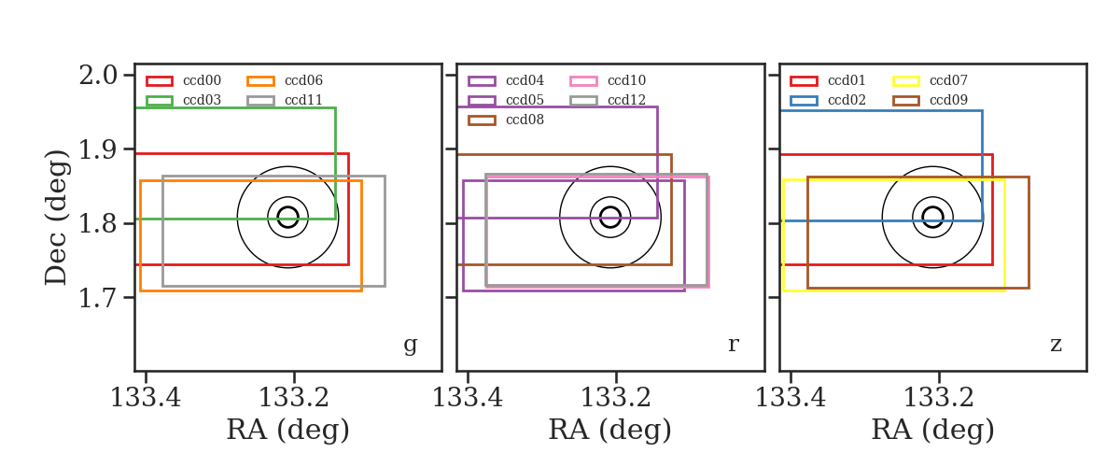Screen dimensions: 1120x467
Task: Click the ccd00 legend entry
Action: pyautogui.click(x=184, y=80)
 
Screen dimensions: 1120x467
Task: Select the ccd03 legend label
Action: pyautogui.click(x=202, y=100)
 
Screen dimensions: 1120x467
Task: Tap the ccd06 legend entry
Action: pyautogui.click(x=285, y=80)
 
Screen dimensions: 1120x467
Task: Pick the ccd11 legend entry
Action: pyautogui.click(x=285, y=100)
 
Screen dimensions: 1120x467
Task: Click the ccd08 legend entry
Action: pyautogui.click(x=506, y=120)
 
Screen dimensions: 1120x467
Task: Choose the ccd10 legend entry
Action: pyautogui.click(x=608, y=80)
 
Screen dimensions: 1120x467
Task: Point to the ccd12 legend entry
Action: pyautogui.click(x=608, y=100)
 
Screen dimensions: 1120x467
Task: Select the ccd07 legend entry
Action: pyautogui.click(x=930, y=80)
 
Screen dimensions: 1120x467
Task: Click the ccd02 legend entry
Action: pyautogui.click(x=828, y=100)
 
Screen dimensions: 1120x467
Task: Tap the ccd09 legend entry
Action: pyautogui.click(x=930, y=100)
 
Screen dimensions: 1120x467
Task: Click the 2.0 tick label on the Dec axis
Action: pyautogui.click(x=98, y=76)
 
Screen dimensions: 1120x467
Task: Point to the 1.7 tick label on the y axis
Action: pyautogui.click(x=98, y=298)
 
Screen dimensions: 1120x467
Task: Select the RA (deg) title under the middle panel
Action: pyautogui.click(x=610, y=430)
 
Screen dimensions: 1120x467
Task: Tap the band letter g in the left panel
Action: pyautogui.click(x=410, y=345)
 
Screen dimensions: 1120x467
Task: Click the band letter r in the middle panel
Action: pyautogui.click(x=733, y=344)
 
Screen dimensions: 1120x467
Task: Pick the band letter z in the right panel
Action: pyautogui.click(x=1056, y=345)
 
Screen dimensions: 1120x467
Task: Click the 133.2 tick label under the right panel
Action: pyautogui.click(x=939, y=398)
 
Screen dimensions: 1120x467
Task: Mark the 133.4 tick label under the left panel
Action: pyautogui.click(x=146, y=398)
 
